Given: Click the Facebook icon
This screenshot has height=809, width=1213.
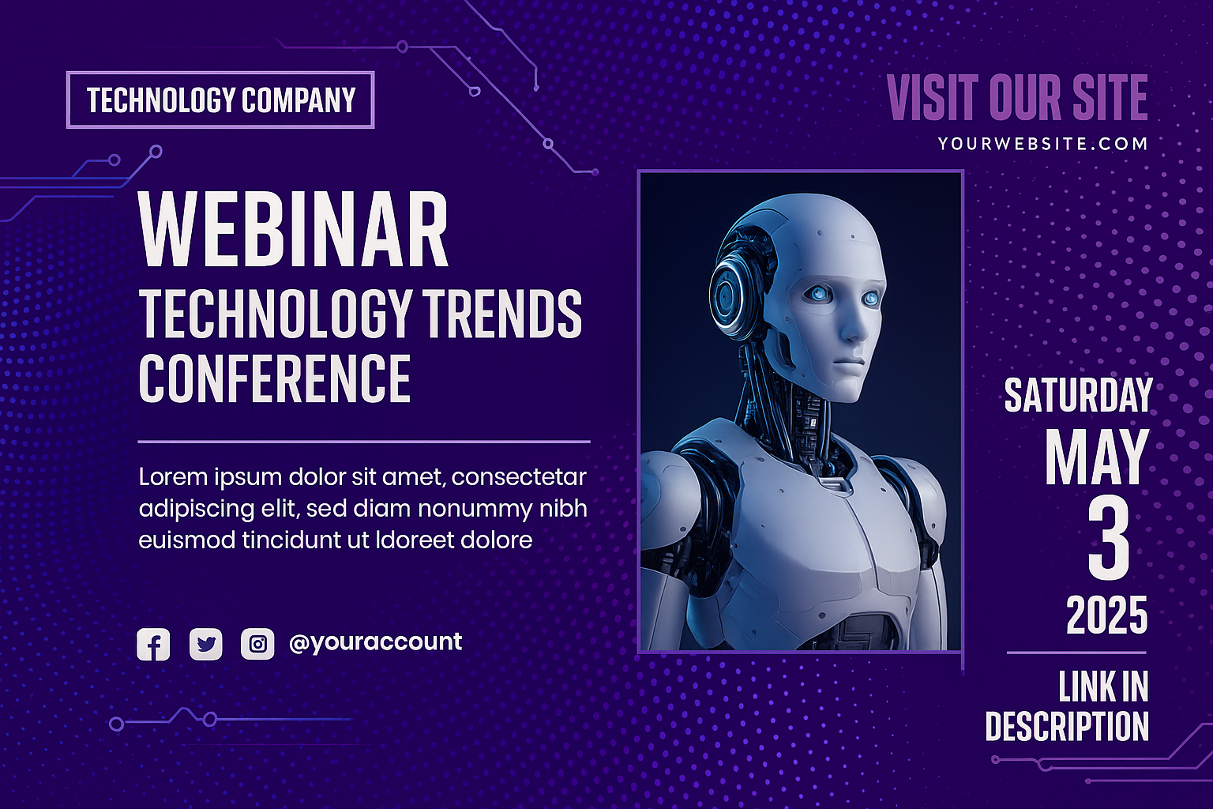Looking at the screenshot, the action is click(153, 644).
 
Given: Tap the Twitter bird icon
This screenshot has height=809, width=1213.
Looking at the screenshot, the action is click(206, 644).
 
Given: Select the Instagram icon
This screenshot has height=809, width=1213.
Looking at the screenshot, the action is click(257, 644).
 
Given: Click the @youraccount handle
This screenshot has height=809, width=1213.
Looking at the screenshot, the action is click(375, 642).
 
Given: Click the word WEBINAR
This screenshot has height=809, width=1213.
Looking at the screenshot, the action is click(293, 229).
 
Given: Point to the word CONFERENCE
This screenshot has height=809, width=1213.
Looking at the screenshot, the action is click(275, 378).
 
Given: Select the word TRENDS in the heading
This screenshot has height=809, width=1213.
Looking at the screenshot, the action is click(502, 314).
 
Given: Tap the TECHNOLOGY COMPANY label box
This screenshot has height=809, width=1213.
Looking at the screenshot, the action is click(220, 100).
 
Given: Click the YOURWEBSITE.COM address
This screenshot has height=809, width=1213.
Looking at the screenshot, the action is click(1042, 144).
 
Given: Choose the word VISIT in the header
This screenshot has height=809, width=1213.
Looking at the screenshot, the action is click(933, 97).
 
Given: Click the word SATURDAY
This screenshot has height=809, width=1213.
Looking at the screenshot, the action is click(1078, 395).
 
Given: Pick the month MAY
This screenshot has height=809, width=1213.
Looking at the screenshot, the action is click(1097, 457).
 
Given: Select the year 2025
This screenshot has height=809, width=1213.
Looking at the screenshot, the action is click(1107, 615).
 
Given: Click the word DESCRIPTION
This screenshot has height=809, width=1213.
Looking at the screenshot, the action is click(1067, 726).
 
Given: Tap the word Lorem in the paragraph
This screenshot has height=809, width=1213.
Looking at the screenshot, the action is click(173, 477).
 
